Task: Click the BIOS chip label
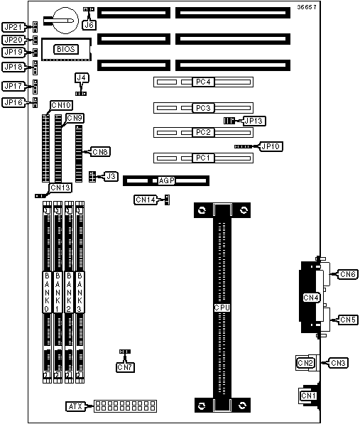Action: point(66,49)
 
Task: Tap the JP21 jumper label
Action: point(13,27)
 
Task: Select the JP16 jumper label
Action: point(13,102)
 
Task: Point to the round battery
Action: point(65,21)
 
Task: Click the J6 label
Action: point(89,25)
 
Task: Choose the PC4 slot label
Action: point(203,82)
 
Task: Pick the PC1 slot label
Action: point(203,158)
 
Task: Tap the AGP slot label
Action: point(166,180)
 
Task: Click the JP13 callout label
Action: point(253,121)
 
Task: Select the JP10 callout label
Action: point(271,146)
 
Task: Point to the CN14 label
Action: point(146,200)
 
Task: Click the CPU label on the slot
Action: point(222,308)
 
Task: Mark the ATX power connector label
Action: point(75,406)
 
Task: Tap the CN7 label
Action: point(125,367)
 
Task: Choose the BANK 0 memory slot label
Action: point(47,292)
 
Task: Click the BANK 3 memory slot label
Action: point(80,292)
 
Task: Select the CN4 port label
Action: point(311,298)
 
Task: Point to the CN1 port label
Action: point(308,396)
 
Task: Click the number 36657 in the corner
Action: point(307,7)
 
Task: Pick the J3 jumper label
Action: point(111,176)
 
